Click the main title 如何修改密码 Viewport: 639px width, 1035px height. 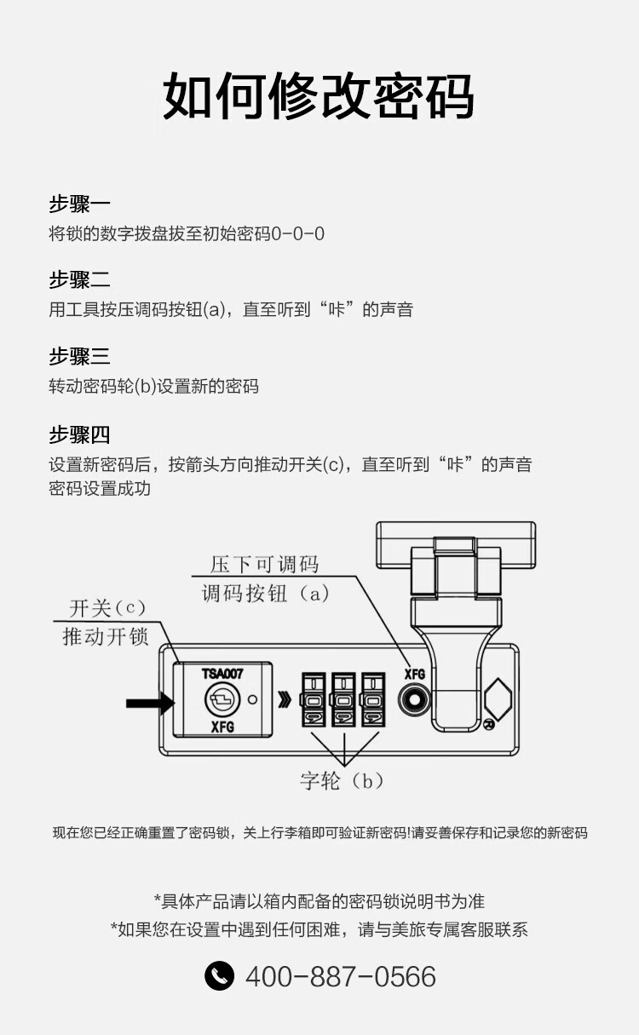tap(319, 96)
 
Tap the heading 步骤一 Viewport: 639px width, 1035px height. tap(79, 204)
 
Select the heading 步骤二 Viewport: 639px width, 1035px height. tap(79, 280)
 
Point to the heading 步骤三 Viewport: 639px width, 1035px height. tap(79, 357)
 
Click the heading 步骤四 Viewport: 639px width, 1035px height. tap(79, 434)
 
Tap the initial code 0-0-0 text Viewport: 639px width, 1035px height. tap(297, 233)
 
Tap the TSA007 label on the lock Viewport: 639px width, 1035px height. tap(222, 674)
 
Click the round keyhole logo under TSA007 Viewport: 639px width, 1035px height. tap(222, 700)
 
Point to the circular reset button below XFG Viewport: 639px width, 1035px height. tap(414, 700)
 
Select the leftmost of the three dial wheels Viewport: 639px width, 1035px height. tap(314, 700)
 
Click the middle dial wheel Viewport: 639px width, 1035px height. tap(343, 700)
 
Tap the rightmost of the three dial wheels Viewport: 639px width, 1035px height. tap(373, 700)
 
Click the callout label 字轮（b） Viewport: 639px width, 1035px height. tap(342, 781)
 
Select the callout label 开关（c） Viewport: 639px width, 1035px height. tap(107, 608)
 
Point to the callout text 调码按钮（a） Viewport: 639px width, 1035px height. tap(265, 594)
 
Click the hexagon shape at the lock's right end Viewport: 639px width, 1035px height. tap(498, 700)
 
